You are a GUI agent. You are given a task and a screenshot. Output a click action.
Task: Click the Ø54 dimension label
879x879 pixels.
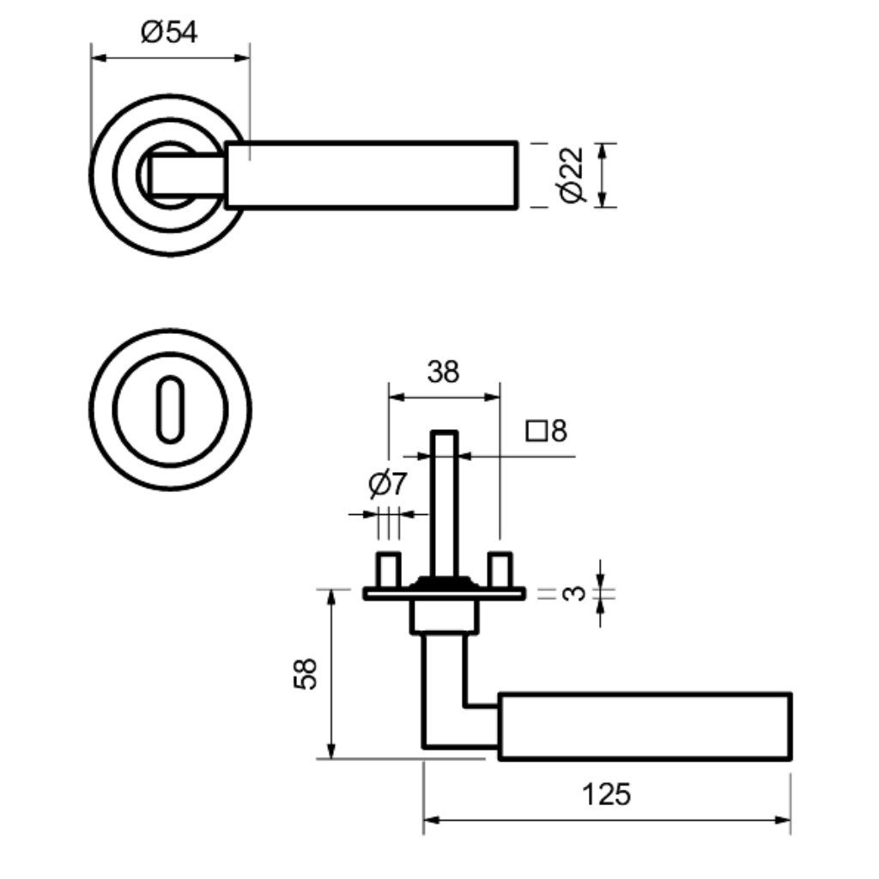(x=170, y=33)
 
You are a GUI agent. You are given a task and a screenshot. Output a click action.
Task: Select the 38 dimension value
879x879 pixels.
(x=443, y=372)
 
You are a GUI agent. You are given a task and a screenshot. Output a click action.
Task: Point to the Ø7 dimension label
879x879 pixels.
(x=387, y=486)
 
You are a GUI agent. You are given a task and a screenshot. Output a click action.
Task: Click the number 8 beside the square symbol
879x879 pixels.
(x=559, y=430)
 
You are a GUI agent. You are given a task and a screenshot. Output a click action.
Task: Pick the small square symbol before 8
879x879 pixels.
(x=537, y=430)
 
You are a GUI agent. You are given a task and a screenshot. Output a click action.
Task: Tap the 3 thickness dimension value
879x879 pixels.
(x=576, y=592)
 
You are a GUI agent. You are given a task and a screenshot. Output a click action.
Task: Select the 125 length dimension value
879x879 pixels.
(x=606, y=794)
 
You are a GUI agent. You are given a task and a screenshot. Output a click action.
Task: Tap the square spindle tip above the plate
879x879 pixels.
(x=444, y=446)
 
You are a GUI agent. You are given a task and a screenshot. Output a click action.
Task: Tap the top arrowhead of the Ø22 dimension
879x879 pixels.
(x=604, y=149)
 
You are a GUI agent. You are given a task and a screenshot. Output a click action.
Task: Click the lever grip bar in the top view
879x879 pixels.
(x=372, y=175)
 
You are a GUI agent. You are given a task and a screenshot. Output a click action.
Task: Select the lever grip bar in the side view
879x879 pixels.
(x=644, y=725)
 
